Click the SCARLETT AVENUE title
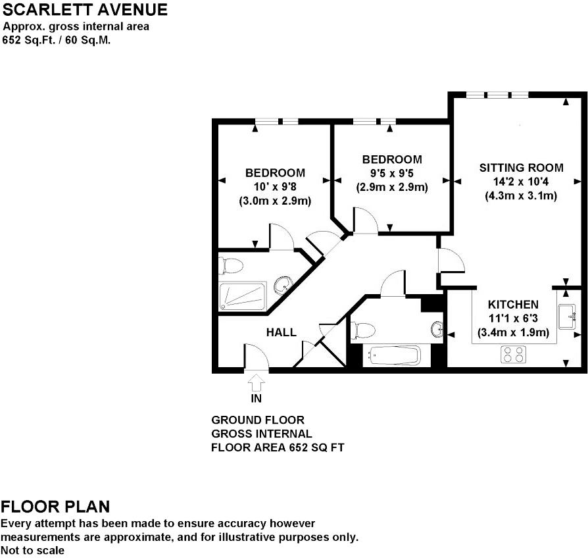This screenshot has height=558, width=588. [x=85, y=10]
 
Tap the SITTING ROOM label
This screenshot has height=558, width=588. [x=521, y=167]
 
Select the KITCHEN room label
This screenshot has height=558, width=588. [x=513, y=305]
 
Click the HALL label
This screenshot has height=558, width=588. [x=281, y=332]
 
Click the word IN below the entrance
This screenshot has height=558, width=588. [x=257, y=398]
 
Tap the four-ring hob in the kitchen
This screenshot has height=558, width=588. [x=514, y=355]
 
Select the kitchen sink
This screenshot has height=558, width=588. [x=568, y=318]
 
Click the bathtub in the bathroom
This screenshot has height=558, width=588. [x=393, y=356]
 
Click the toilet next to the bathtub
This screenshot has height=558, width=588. [x=362, y=330]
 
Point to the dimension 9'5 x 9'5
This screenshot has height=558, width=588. [x=392, y=174]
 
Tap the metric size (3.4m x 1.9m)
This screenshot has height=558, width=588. [x=513, y=332]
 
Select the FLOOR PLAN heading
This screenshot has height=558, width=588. [x=55, y=507]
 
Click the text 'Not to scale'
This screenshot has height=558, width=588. [x=33, y=550]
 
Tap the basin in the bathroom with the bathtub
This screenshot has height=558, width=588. [x=438, y=328]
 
